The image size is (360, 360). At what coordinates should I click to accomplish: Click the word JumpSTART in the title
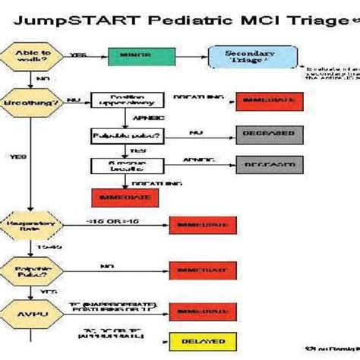pyautogui.click(x=72, y=20)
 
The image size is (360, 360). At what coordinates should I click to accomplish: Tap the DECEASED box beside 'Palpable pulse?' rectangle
pyautogui.click(x=268, y=134)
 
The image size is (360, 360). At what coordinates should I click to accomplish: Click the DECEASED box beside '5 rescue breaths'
pyautogui.click(x=268, y=164)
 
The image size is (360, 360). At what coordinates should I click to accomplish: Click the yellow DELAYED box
pyautogui.click(x=197, y=342)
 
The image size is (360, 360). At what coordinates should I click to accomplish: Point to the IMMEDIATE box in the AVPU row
pyautogui.click(x=197, y=311)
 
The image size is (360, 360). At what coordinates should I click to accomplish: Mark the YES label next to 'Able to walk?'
pyautogui.click(x=77, y=55)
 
